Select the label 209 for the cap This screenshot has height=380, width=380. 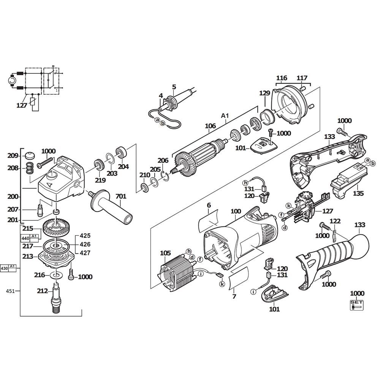pos(13,155)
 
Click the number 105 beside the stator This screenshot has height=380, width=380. pos(166,253)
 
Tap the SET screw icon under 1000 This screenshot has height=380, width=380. pos(357,305)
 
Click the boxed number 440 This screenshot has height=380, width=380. pos(25,238)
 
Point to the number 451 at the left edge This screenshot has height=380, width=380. pos(10,291)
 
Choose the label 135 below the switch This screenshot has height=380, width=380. pos(358,193)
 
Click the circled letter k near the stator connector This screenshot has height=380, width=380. pos(222,284)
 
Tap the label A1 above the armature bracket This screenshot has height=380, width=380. pos(225,116)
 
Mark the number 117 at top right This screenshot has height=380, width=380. pos(302,78)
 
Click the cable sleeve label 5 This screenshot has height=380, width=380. pos(174,87)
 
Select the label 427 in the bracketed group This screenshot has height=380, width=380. pos(85,253)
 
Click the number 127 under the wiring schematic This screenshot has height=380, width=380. pos(22,105)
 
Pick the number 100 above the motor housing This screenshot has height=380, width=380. pos(236,211)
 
